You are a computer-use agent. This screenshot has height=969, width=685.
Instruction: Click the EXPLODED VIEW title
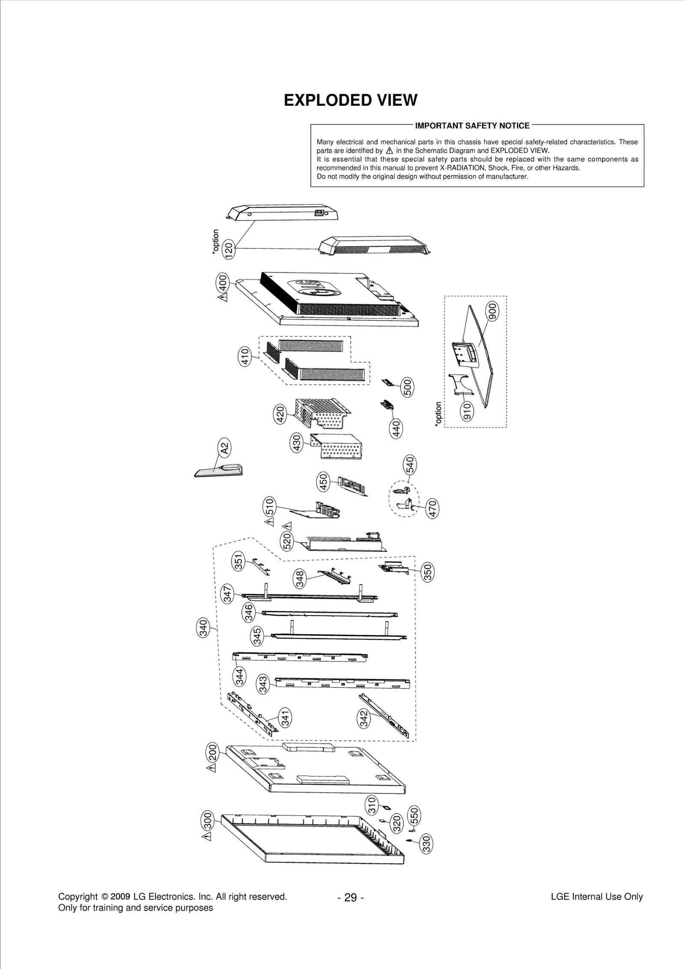pos(350,100)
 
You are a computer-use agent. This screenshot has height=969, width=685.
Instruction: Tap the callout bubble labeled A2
pos(224,448)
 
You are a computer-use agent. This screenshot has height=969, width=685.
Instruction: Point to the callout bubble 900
pos(492,311)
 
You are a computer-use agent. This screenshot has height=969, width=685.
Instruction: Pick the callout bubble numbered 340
pos(203,628)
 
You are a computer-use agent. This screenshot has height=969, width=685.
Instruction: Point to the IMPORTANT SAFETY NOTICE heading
pos(472,126)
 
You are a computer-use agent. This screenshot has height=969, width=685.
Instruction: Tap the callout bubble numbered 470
pos(432,508)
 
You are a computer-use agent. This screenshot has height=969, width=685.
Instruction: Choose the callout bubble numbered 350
pos(428,572)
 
